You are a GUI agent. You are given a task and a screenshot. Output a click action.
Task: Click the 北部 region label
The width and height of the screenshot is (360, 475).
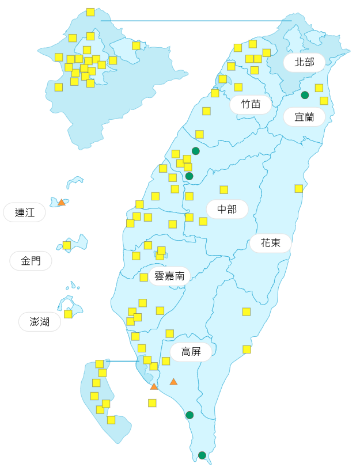(304, 62)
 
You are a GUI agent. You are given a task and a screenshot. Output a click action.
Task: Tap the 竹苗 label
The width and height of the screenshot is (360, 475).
(251, 104)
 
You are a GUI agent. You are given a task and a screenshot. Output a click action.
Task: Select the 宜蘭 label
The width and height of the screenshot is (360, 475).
(304, 117)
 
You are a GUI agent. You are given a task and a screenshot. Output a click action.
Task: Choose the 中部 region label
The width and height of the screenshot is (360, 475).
(227, 209)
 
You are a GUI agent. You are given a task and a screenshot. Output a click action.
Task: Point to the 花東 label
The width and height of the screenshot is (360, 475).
(270, 243)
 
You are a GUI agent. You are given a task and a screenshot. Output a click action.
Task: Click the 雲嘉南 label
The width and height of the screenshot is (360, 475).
(169, 276)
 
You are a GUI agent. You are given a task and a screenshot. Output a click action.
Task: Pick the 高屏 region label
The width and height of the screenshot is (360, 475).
(191, 351)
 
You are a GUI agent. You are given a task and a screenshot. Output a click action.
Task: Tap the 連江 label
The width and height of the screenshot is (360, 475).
(25, 212)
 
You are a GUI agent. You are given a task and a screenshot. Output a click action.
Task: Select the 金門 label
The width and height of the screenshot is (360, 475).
(31, 261)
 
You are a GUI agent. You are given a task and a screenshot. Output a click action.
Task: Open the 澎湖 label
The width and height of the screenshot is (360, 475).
(40, 321)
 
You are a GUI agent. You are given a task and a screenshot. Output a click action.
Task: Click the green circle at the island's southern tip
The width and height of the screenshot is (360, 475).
(202, 455)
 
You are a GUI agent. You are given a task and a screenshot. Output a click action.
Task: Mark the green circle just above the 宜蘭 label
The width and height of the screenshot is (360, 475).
(305, 95)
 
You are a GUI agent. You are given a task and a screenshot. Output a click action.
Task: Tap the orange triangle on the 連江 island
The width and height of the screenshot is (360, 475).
(62, 202)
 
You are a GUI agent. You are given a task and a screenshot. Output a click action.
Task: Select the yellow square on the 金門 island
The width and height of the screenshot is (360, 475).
(67, 245)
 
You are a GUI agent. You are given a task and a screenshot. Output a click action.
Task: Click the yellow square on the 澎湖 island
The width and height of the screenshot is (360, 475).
(68, 314)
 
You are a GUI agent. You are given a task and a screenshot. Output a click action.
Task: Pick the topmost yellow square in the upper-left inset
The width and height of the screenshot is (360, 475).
(90, 12)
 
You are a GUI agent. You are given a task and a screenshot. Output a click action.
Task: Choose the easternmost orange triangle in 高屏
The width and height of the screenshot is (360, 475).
(173, 382)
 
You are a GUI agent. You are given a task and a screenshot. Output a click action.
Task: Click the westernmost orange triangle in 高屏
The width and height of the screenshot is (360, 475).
(154, 386)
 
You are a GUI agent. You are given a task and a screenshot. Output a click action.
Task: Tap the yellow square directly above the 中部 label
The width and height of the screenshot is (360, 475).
(223, 189)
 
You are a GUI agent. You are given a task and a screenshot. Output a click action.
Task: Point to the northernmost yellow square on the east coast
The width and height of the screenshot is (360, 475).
(319, 88)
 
